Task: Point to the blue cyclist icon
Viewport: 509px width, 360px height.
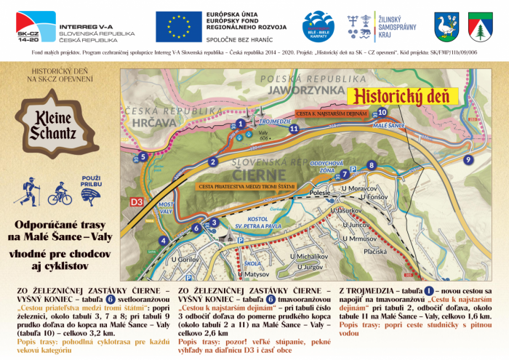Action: click(60, 195)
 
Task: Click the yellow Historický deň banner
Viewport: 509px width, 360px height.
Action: click(402, 95)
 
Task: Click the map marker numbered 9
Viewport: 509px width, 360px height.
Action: click(468, 159)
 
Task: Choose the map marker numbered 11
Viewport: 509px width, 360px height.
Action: click(294, 129)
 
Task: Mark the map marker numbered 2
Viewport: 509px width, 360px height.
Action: click(213, 161)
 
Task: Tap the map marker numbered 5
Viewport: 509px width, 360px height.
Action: click(144, 156)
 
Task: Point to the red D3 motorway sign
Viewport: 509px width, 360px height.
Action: click(137, 200)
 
